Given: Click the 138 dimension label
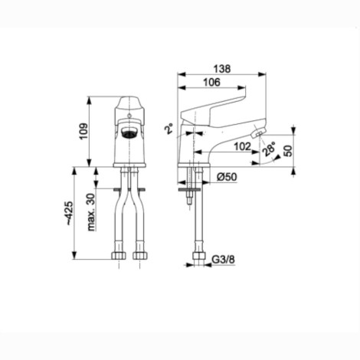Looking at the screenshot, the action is pyautogui.click(x=222, y=69).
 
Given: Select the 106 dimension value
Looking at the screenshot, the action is pyautogui.click(x=211, y=82).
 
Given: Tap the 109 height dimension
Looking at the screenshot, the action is pyautogui.click(x=83, y=131).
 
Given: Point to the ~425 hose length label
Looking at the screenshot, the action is pyautogui.click(x=69, y=213).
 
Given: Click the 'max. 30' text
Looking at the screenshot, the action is pyautogui.click(x=91, y=212).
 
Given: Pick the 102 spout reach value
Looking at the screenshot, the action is pyautogui.click(x=243, y=146).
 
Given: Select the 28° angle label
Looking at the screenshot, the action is pyautogui.click(x=269, y=149).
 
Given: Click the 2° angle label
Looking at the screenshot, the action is pyautogui.click(x=169, y=129).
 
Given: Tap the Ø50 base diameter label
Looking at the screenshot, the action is pyautogui.click(x=227, y=177).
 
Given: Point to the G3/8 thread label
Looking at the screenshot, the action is pyautogui.click(x=224, y=260).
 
